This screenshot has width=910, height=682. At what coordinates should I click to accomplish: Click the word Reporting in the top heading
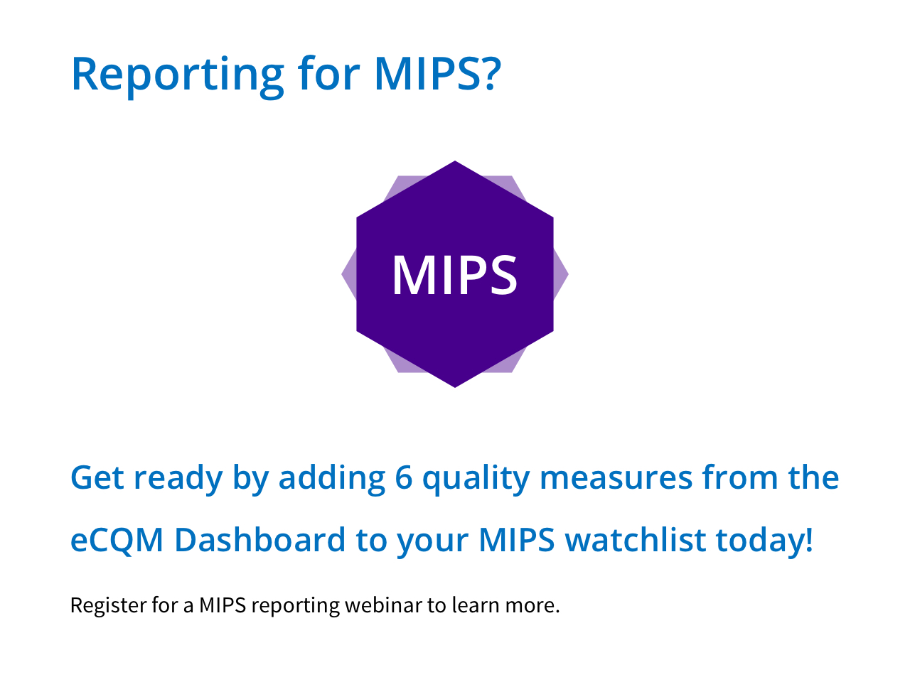pos(178,77)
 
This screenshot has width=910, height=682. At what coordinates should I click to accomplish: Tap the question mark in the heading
pos(492,73)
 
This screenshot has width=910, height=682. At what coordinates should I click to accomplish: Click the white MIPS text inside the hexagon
pos(455,275)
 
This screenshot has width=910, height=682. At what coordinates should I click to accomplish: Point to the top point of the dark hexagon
pos(455,161)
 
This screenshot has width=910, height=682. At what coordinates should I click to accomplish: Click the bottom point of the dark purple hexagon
pos(455,387)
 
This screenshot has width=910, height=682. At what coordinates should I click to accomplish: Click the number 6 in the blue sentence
pos(403,478)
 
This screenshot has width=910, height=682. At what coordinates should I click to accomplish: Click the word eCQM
pos(117,541)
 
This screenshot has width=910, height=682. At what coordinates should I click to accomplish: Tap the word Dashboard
pos(260,539)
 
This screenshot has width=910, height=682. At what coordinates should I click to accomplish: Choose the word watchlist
pos(636,539)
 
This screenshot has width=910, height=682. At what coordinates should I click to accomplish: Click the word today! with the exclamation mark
pos(764,541)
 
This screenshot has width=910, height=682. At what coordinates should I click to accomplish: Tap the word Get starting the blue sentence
pos(97,478)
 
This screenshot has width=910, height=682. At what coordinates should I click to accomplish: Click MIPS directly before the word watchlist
pos(517,540)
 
